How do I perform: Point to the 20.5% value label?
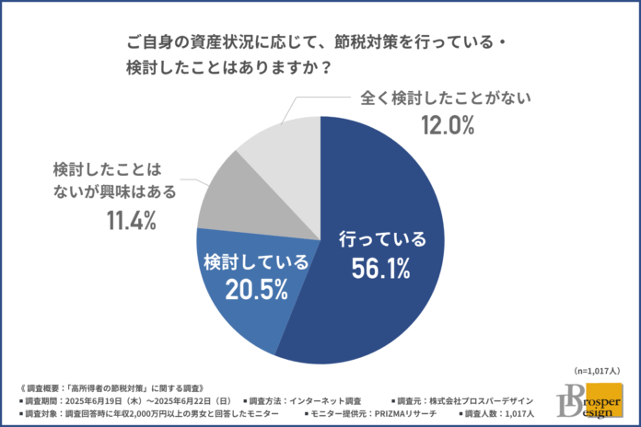[251, 289]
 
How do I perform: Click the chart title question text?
[313, 56]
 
